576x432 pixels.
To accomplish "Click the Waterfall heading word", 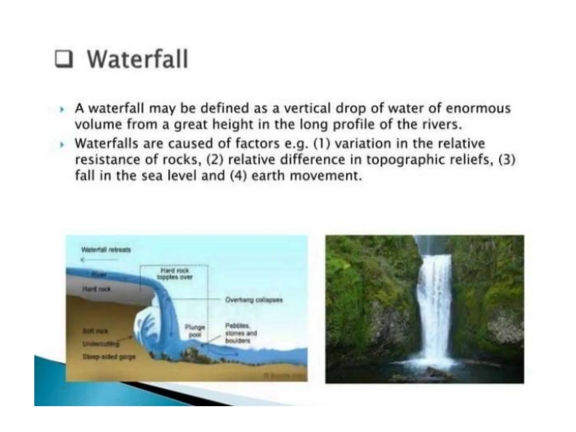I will [137, 59].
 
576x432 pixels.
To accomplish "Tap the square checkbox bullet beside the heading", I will [64, 59].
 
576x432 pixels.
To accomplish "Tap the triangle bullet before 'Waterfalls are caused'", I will [62, 145].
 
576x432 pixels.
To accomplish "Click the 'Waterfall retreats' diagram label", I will [106, 250].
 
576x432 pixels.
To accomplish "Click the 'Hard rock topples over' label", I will [175, 274].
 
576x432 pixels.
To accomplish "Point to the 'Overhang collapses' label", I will [254, 300].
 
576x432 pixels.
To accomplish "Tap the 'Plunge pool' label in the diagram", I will [195, 331].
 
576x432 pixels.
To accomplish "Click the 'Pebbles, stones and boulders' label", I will [241, 333].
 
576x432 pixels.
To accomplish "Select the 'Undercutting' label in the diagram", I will [101, 344].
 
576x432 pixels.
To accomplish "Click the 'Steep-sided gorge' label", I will [109, 357].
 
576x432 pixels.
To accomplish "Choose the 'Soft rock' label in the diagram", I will [95, 331].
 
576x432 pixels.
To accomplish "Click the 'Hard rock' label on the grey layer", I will [96, 289].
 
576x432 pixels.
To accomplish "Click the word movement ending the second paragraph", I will [325, 176].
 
